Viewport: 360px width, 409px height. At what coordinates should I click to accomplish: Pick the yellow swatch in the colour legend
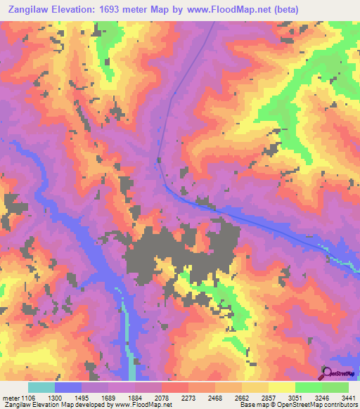pyautogui.click(x=281, y=387)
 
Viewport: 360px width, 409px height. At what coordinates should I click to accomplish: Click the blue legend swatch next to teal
pyautogui.click(x=68, y=387)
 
